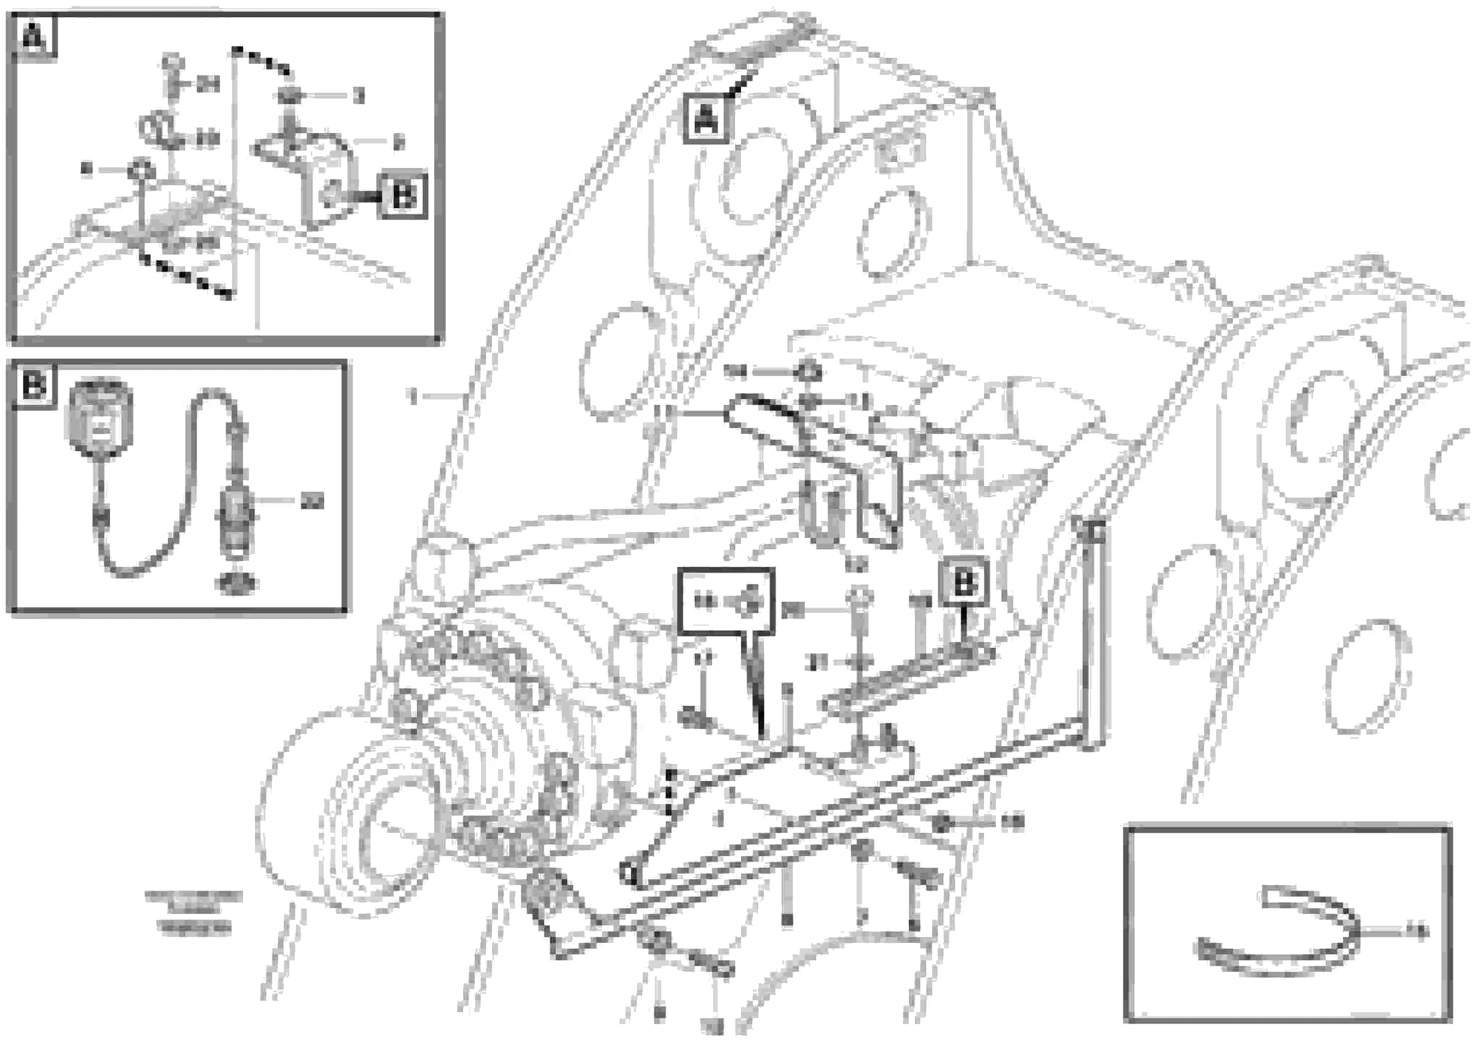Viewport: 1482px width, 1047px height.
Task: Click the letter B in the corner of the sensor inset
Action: click(33, 386)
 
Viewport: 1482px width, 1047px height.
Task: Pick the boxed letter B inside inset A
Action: click(403, 195)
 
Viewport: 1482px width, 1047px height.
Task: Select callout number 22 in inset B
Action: click(312, 502)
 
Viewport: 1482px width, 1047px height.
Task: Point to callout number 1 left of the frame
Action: click(414, 395)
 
